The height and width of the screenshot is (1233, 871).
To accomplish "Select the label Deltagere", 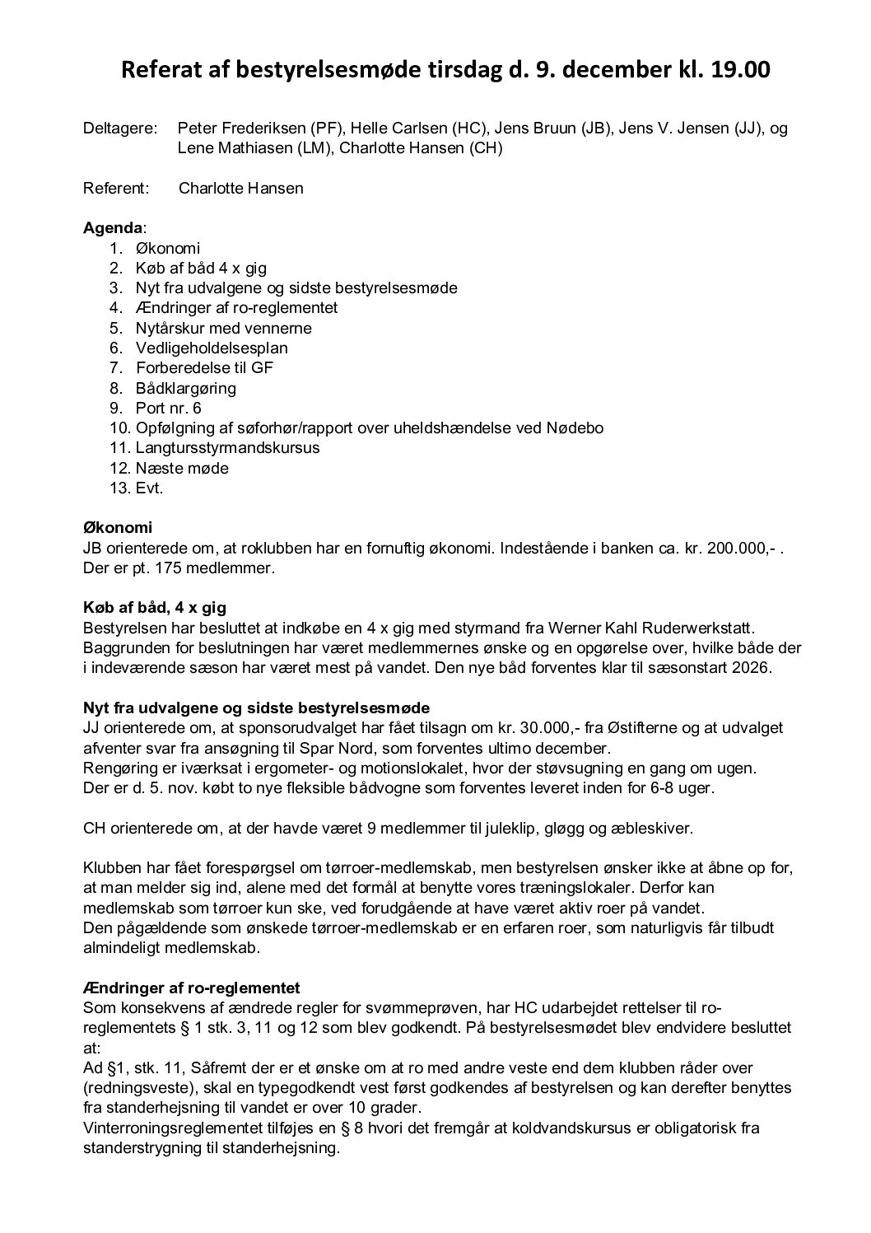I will pyautogui.click(x=120, y=128).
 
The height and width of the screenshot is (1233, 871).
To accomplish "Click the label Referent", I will pyautogui.click(x=116, y=189).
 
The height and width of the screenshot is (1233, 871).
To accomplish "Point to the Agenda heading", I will pyautogui.click(x=112, y=228).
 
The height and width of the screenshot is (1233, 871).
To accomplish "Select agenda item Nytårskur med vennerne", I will pyautogui.click(x=223, y=328).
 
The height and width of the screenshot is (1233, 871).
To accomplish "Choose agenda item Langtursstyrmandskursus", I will pyautogui.click(x=227, y=448).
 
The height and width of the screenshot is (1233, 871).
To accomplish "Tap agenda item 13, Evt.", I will pyautogui.click(x=149, y=488).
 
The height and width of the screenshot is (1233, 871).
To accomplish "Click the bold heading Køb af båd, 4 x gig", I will pyautogui.click(x=154, y=608).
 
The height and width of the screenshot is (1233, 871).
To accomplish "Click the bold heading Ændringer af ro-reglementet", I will pyautogui.click(x=191, y=988).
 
